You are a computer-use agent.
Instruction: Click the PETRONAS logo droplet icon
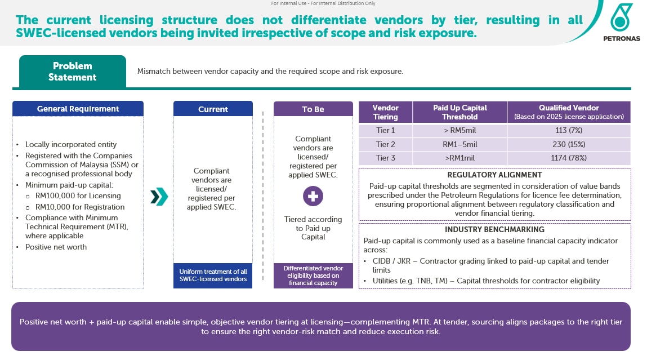[x=622, y=17]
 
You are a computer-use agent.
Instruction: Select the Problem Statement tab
[x=72, y=72]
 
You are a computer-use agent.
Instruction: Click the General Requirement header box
[x=78, y=109]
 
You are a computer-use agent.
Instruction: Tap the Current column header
[x=213, y=109]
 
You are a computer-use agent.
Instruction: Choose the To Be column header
[x=313, y=109]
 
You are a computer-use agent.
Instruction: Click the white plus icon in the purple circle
[x=313, y=197]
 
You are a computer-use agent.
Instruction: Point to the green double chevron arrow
[x=159, y=197]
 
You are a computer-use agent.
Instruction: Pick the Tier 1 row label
[x=385, y=130]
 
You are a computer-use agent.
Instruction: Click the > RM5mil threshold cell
[x=459, y=130]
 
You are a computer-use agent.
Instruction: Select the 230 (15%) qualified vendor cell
[x=569, y=144]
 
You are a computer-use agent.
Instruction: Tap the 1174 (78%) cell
[x=569, y=158]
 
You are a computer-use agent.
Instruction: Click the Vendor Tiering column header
[x=385, y=112]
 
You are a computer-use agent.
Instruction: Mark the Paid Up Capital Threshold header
[x=459, y=112]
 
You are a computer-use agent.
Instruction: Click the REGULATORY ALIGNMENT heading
[x=494, y=175]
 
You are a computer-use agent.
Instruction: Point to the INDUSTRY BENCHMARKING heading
[x=494, y=230]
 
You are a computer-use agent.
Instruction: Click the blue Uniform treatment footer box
[x=213, y=275]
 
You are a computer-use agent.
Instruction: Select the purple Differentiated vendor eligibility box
[x=313, y=275]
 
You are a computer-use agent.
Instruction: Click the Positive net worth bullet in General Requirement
[x=56, y=247]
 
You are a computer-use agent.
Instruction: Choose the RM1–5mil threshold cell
[x=459, y=144]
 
